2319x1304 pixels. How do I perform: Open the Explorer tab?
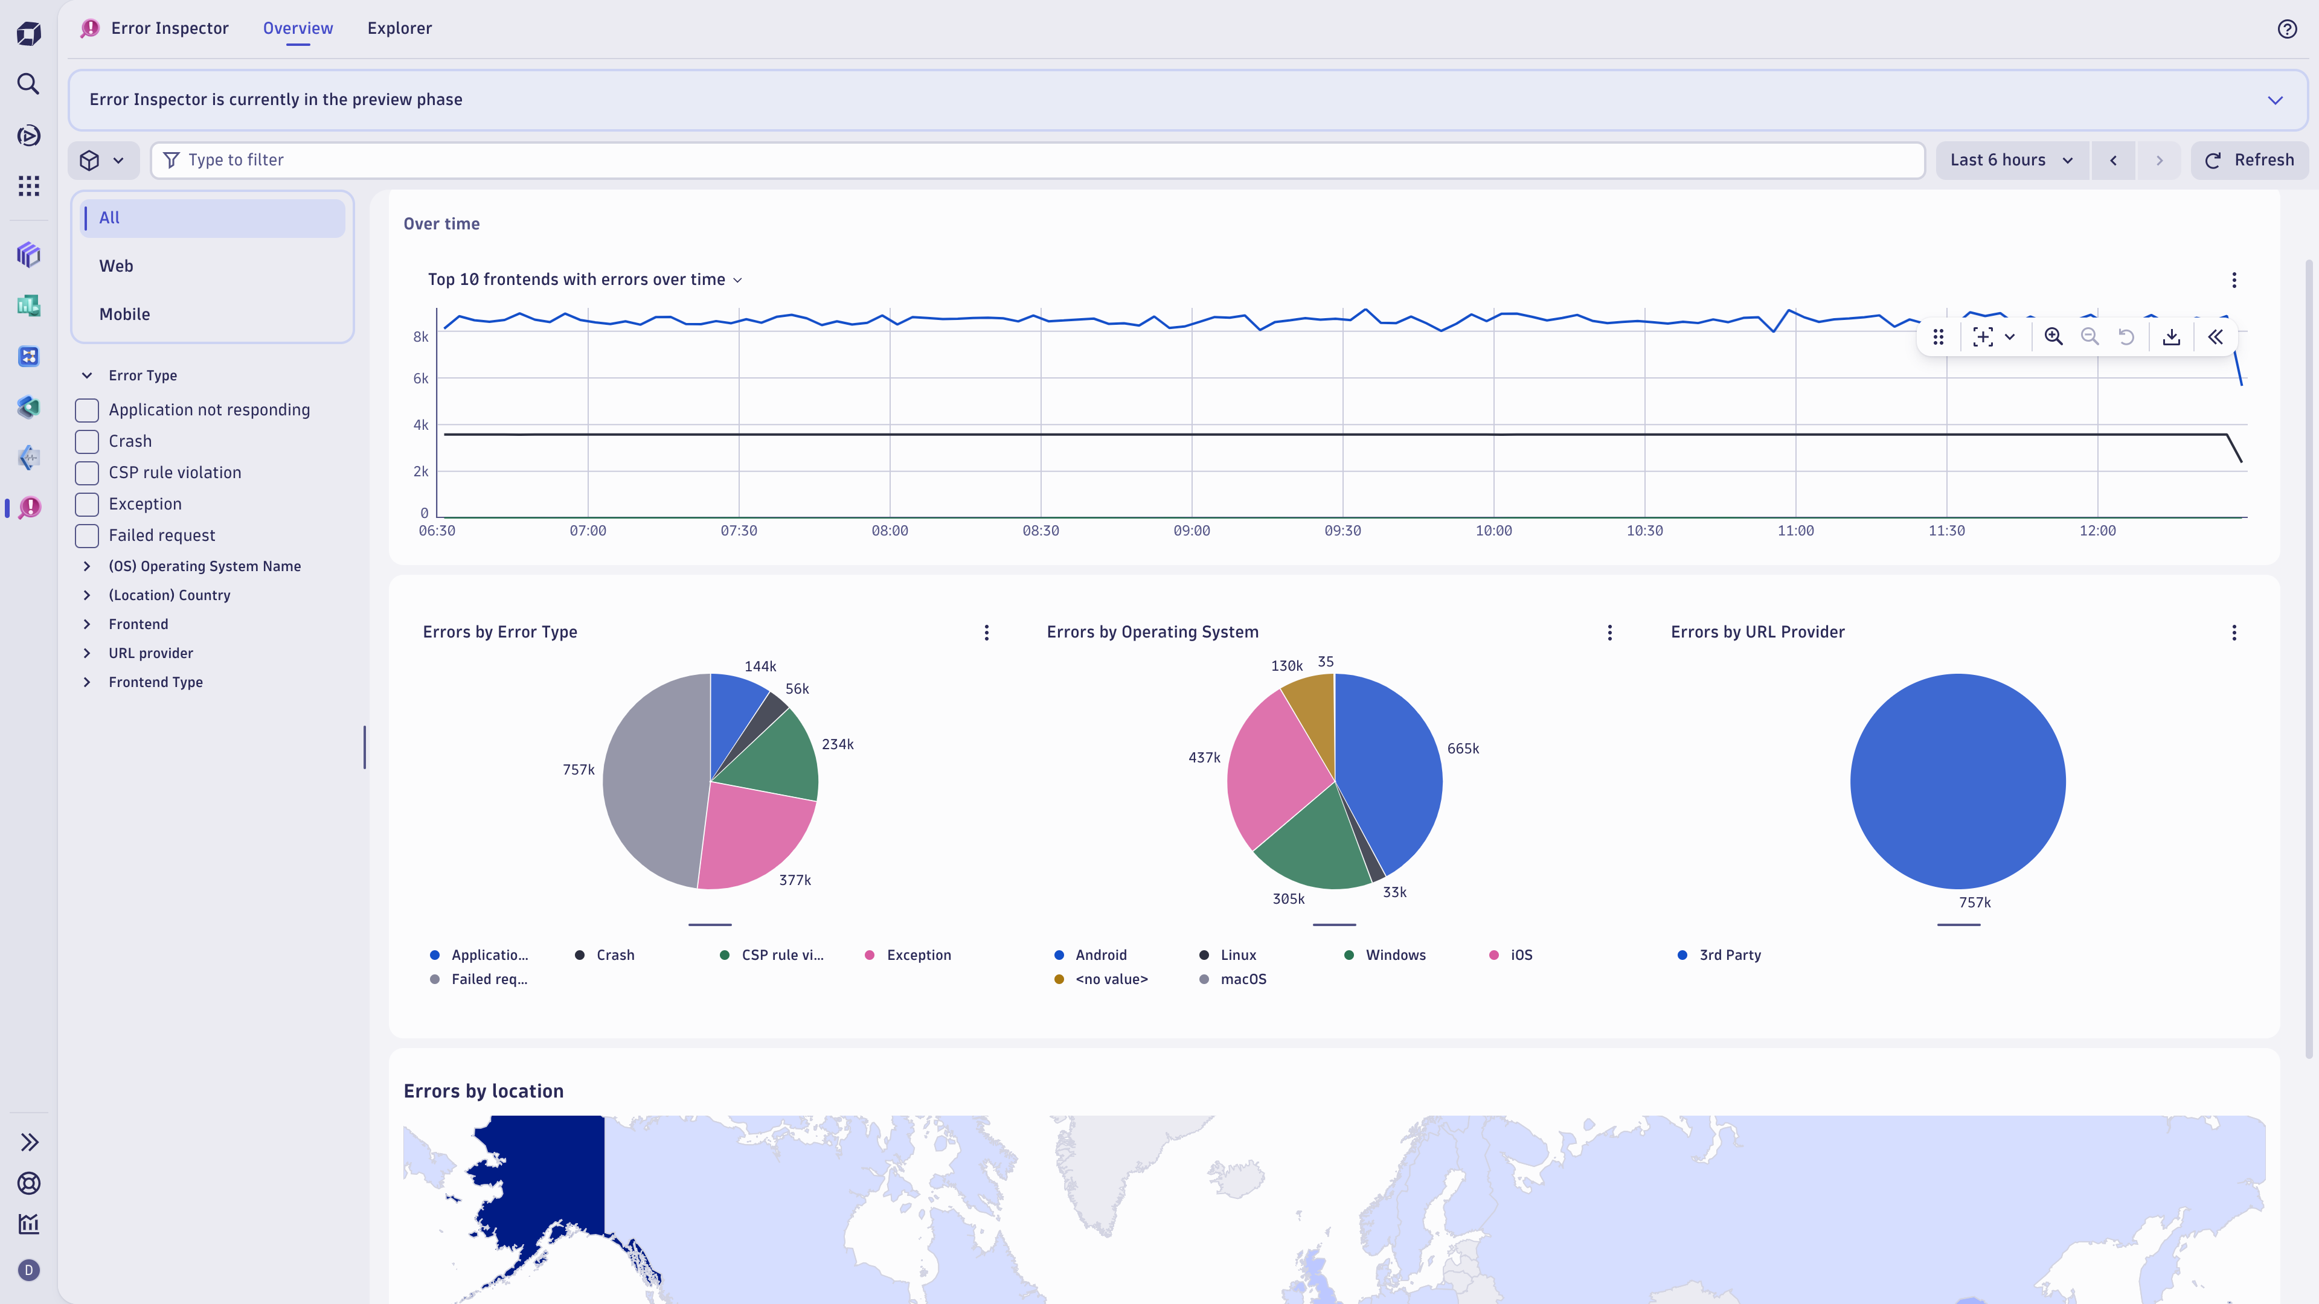click(x=399, y=28)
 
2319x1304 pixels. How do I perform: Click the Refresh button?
click(x=2249, y=159)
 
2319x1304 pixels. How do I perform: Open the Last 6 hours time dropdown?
click(x=2011, y=159)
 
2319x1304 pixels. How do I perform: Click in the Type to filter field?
click(x=1035, y=159)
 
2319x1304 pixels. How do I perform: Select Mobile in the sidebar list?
click(x=124, y=314)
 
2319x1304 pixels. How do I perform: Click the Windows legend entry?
click(x=1394, y=955)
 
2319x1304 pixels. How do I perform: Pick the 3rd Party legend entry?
click(x=1728, y=955)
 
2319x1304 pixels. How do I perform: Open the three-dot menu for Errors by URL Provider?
click(x=2233, y=633)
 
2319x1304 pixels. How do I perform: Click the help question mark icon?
click(x=2286, y=29)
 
